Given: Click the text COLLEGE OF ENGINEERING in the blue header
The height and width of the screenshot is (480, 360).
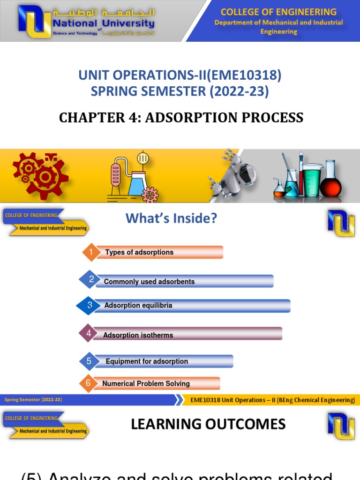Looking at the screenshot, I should [x=278, y=12].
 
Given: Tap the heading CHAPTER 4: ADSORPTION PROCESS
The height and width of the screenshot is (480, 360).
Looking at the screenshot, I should [x=181, y=117].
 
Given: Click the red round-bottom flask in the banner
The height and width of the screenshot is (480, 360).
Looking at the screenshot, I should [x=330, y=180].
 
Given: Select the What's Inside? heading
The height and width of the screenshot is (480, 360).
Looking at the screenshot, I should [x=172, y=218].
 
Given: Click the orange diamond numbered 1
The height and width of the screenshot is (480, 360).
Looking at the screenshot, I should [x=91, y=253].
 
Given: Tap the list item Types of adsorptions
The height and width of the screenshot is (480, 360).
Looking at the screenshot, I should [x=139, y=252].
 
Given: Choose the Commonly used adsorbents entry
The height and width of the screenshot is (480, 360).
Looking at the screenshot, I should [x=149, y=282].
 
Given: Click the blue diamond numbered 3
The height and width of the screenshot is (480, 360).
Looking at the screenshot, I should [x=90, y=306].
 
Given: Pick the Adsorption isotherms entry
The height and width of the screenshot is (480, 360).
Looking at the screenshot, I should [x=138, y=335].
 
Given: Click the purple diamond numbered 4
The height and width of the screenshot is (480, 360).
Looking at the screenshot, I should [x=89, y=334].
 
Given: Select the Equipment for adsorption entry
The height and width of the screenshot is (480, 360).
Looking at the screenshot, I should [x=147, y=361].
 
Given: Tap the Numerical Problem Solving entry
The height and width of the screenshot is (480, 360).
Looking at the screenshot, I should [x=146, y=383].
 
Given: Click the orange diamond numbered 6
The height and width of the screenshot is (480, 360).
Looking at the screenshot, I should [x=88, y=383].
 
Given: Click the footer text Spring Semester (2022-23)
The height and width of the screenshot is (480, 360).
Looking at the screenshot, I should [x=33, y=400].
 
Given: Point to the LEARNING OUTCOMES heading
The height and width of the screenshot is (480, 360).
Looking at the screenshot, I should [x=208, y=424].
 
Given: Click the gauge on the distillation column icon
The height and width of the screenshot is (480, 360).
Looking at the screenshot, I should [x=143, y=159].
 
